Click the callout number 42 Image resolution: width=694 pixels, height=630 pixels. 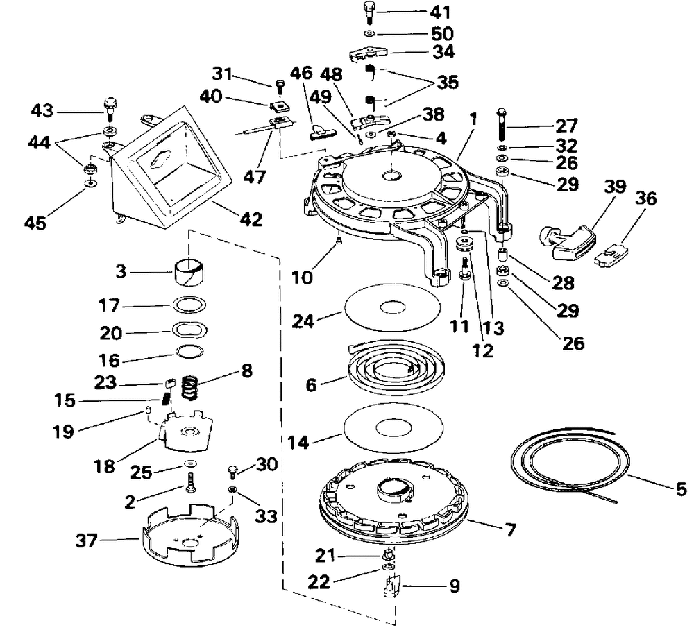click(x=251, y=219)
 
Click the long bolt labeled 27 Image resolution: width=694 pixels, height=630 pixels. click(x=502, y=124)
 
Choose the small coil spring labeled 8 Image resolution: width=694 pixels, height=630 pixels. click(x=190, y=387)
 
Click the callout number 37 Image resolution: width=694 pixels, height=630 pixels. click(x=86, y=540)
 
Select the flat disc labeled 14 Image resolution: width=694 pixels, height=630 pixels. click(x=393, y=428)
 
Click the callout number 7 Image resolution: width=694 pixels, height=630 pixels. click(x=511, y=529)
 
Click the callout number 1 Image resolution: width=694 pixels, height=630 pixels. click(x=473, y=119)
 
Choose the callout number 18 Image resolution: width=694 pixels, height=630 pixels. click(x=105, y=466)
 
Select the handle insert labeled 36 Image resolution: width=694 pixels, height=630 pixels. click(x=611, y=256)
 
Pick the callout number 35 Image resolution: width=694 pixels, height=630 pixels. click(x=447, y=82)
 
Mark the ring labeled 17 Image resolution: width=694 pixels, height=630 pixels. click(x=189, y=305)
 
